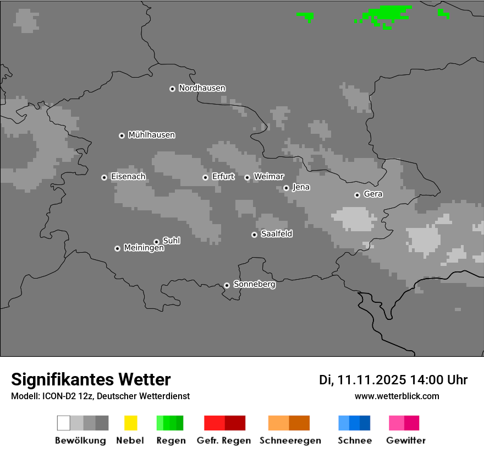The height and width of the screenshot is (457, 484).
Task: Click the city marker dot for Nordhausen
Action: pyautogui.click(x=172, y=89)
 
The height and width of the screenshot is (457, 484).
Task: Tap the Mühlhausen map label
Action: pyautogui.click(x=151, y=135)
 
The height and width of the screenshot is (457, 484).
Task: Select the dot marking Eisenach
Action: pyautogui.click(x=104, y=177)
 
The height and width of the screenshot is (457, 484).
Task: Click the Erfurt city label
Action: pyautogui.click(x=223, y=177)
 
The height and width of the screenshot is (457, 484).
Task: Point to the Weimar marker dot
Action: pyautogui.click(x=247, y=177)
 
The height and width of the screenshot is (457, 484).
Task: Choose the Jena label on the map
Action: pyautogui.click(x=301, y=187)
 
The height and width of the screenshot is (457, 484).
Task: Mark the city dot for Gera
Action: pyautogui.click(x=357, y=195)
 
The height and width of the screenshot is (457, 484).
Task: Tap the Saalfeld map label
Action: pyautogui.click(x=276, y=234)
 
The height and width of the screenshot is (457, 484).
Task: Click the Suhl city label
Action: pyautogui.click(x=171, y=241)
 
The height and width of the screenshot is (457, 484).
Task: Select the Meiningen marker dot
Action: pyautogui.click(x=117, y=248)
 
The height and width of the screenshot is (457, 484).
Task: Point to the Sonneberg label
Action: pyautogui.click(x=254, y=285)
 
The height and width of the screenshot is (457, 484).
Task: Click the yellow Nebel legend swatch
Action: pyautogui.click(x=130, y=423)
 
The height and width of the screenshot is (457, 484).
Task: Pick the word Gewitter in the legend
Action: pyautogui.click(x=406, y=440)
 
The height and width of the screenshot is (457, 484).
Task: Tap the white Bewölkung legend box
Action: pyautogui.click(x=64, y=423)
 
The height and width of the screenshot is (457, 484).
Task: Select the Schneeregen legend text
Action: pyautogui.click(x=290, y=440)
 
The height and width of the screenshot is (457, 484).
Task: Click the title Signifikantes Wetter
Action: pyautogui.click(x=91, y=380)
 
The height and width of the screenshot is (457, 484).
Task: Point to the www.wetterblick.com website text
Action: pyautogui.click(x=397, y=396)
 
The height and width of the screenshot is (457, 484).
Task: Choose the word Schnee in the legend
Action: pyautogui.click(x=355, y=440)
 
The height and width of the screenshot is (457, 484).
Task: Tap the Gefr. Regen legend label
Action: pyautogui.click(x=224, y=440)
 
